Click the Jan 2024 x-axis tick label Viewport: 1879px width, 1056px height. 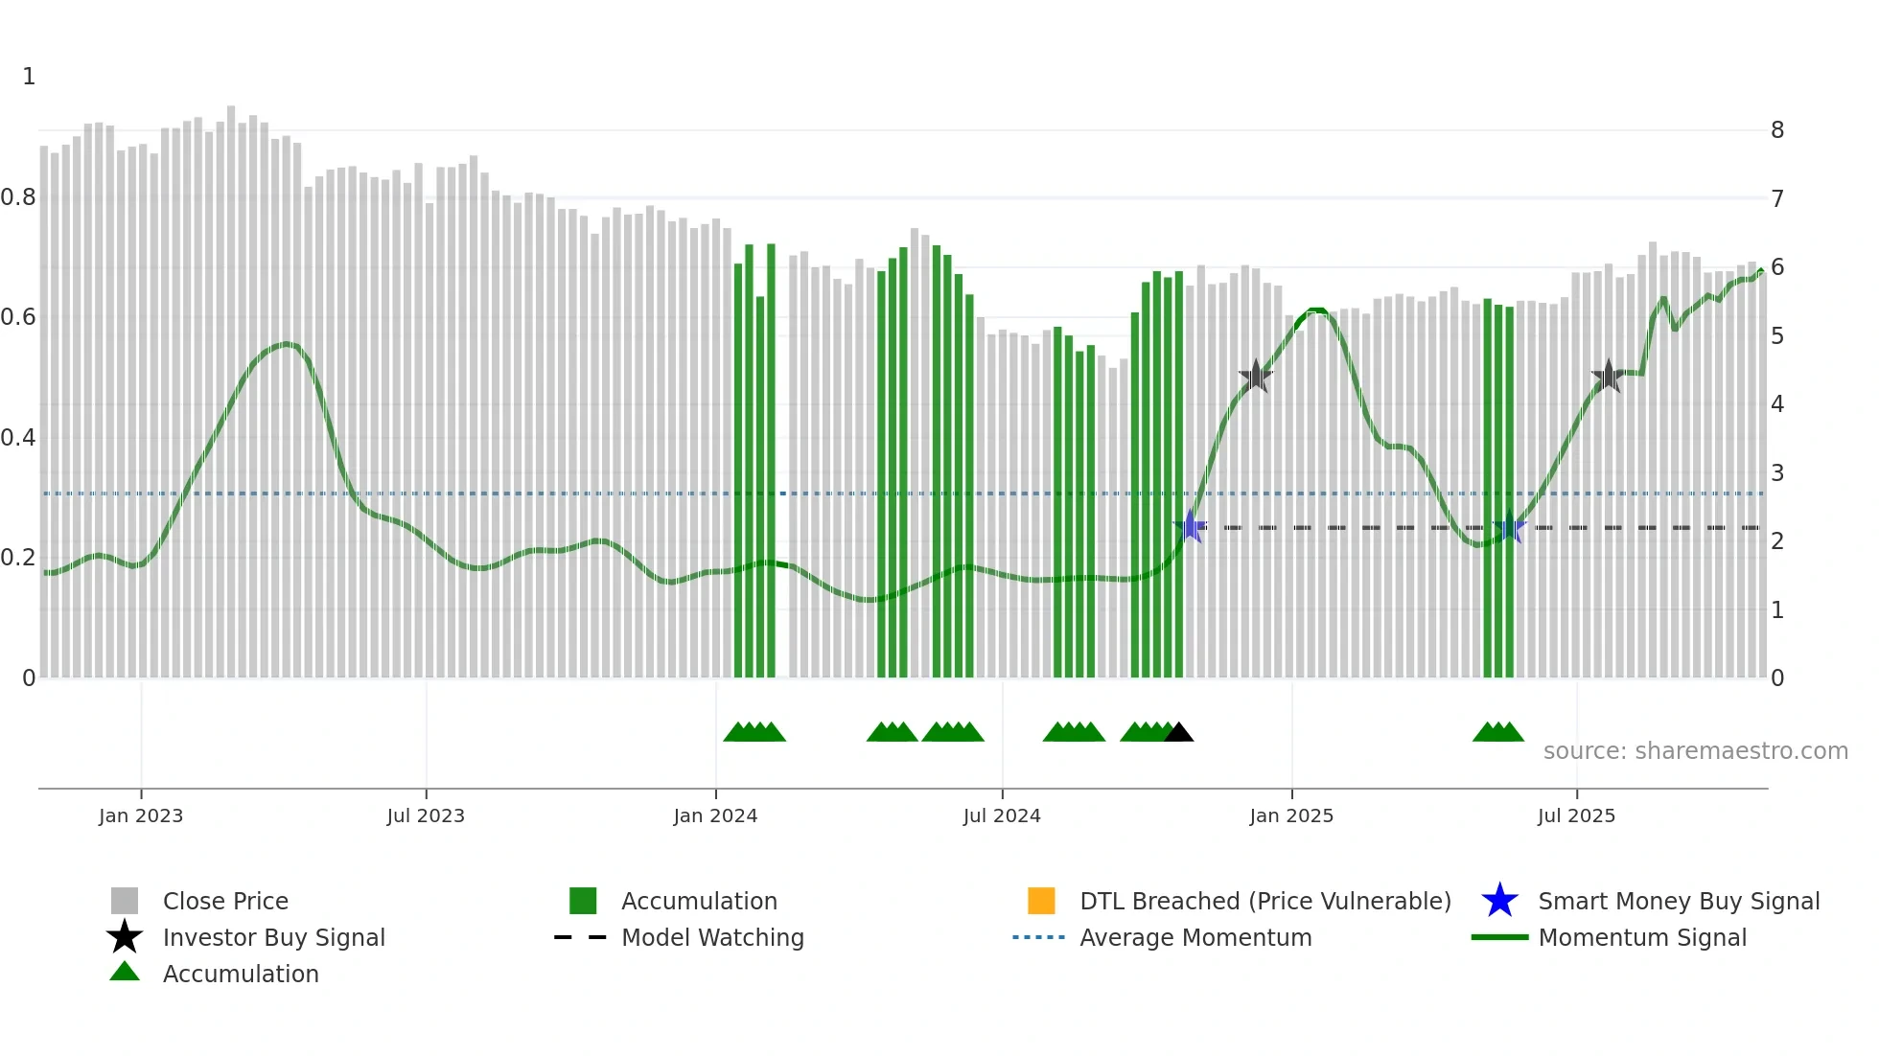pos(715,815)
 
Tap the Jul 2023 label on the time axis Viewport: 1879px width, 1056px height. pos(426,815)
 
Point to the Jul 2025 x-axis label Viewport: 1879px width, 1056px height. pos(1576,815)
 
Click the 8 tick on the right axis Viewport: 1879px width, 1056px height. pos(1777,130)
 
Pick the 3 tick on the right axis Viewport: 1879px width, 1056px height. pos(1777,472)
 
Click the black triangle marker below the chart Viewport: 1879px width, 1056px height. pos(1179,733)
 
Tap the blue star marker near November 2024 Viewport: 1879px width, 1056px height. pos(1190,526)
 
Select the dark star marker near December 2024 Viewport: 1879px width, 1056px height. pos(1255,377)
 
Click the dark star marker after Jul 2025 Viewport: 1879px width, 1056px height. pos(1608,377)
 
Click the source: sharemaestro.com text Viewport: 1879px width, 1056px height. pos(1695,750)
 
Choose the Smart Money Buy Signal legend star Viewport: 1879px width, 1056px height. pos(1499,901)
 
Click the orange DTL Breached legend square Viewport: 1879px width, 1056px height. pos(1041,901)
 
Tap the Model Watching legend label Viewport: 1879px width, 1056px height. pos(712,937)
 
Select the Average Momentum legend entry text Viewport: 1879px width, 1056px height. pos(1195,937)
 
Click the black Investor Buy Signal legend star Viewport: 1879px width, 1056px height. pos(125,937)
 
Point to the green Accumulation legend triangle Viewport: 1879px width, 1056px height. pos(125,972)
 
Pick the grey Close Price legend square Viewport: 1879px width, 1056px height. pos(125,901)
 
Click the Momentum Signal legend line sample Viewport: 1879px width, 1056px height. pos(1499,937)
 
